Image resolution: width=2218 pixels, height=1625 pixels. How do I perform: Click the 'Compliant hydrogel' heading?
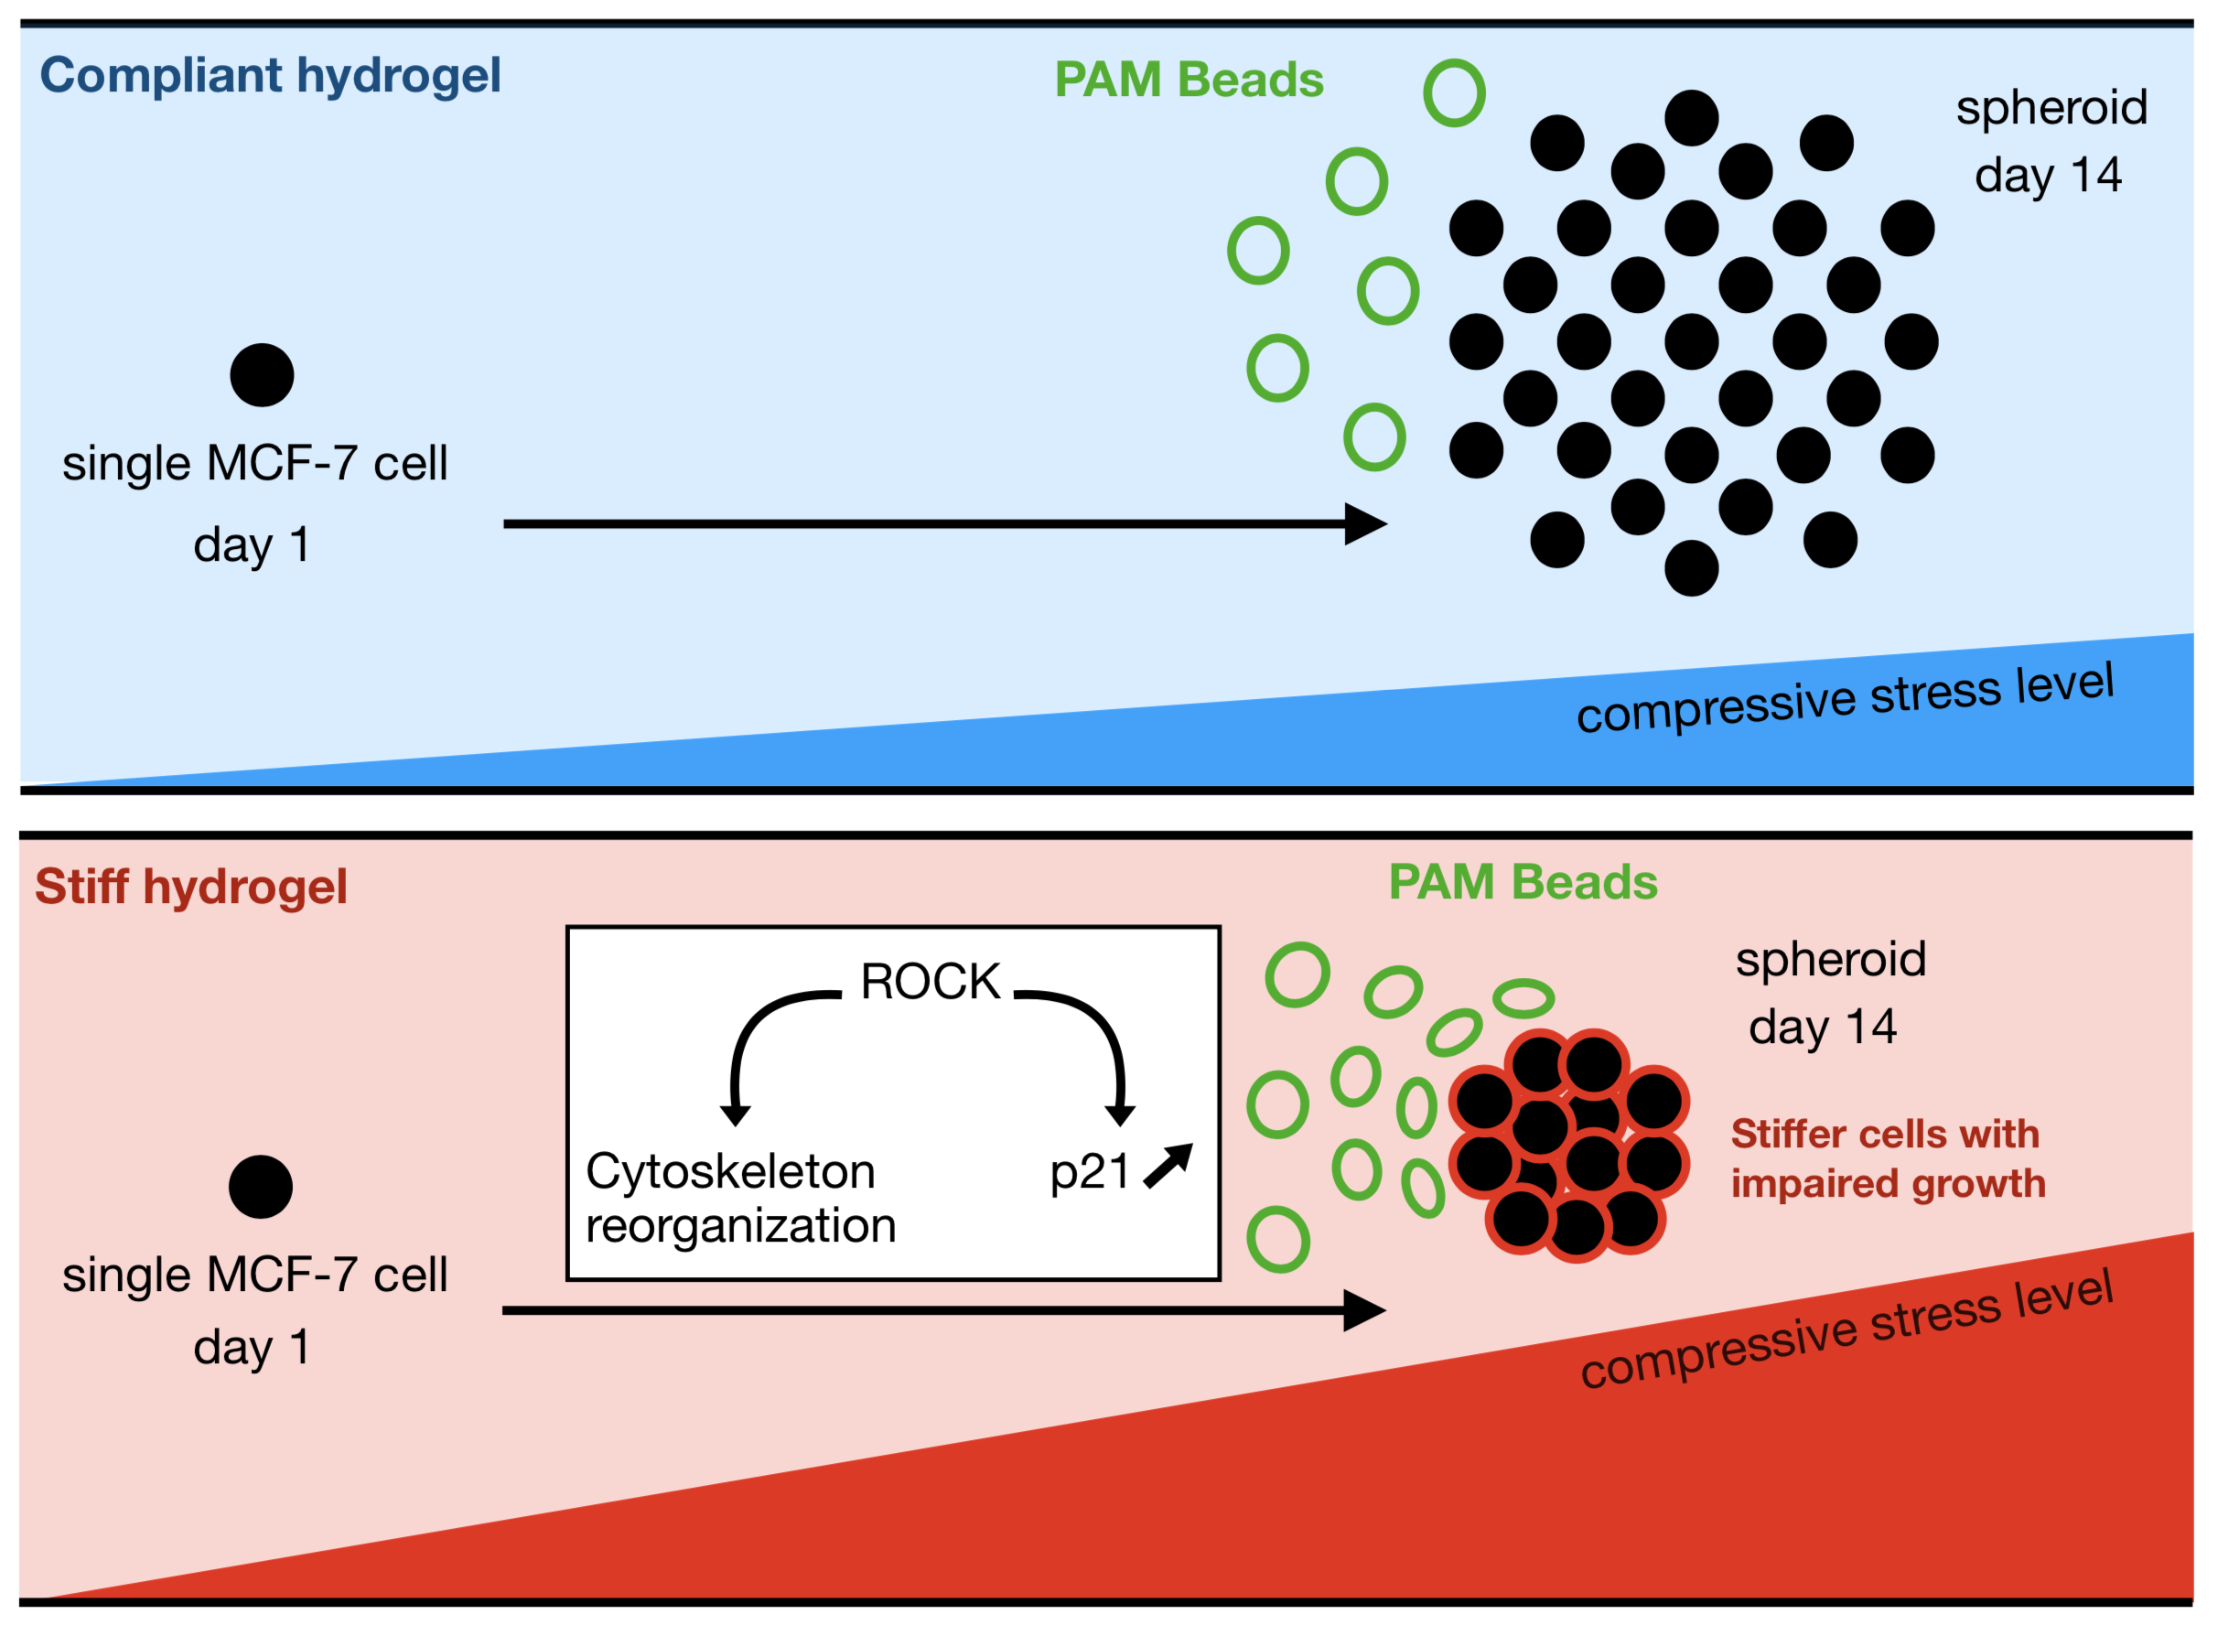tap(271, 76)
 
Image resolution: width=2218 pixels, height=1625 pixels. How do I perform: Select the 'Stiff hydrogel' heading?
tap(191, 888)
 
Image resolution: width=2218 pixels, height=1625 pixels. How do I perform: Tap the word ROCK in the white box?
tap(930, 982)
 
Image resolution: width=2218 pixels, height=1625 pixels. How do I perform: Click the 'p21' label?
tap(1089, 1172)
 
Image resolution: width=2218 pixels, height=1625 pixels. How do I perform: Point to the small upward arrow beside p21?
tap(1168, 1167)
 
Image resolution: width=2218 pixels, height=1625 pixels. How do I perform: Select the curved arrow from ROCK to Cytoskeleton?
tap(762, 1043)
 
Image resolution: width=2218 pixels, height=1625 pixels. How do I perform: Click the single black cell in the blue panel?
tap(262, 375)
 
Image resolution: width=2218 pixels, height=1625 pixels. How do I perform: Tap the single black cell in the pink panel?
tap(261, 1188)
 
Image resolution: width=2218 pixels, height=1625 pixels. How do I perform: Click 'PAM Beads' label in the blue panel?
tap(1189, 81)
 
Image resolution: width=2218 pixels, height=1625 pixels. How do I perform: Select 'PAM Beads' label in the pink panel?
tap(1523, 882)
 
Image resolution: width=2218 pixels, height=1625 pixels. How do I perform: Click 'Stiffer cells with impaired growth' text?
tap(1888, 1158)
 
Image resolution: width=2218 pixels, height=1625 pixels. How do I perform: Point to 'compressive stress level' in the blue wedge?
tap(1845, 698)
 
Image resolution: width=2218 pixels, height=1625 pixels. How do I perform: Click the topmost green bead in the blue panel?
tap(1454, 93)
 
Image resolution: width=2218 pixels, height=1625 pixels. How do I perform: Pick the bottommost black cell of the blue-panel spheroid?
tap(1691, 568)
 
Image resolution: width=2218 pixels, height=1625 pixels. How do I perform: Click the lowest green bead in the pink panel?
tap(1277, 1240)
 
